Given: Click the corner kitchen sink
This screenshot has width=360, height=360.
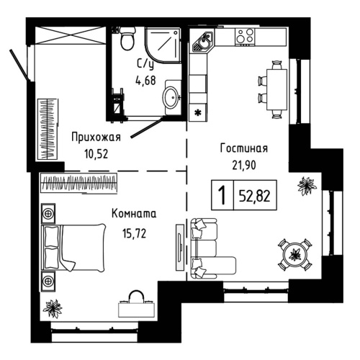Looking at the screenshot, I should pos(202,44).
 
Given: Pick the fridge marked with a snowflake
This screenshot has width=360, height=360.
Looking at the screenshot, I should pos(199,113).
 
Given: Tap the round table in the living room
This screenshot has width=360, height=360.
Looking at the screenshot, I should pos(293,252).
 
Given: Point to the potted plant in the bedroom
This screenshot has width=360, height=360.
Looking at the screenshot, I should pos(53,308).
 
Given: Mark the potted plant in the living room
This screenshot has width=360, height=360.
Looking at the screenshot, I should pos(306,186).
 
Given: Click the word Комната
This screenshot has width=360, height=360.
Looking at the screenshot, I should pos(133,214).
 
